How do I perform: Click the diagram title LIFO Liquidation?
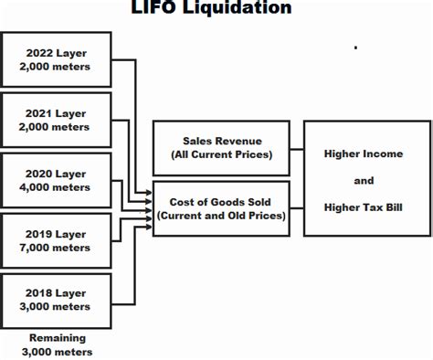(216, 8)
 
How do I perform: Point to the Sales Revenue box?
(221, 147)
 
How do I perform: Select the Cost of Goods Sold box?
(221, 207)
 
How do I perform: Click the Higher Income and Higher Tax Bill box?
(363, 178)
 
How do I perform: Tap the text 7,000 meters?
(58, 247)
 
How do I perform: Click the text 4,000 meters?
(58, 186)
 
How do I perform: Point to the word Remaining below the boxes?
(58, 337)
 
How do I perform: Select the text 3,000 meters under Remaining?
(58, 352)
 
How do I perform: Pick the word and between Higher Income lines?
(363, 180)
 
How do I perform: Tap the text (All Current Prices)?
(221, 154)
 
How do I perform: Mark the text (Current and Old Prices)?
(221, 215)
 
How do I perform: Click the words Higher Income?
(363, 154)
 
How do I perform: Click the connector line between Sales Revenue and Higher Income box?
(297, 148)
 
